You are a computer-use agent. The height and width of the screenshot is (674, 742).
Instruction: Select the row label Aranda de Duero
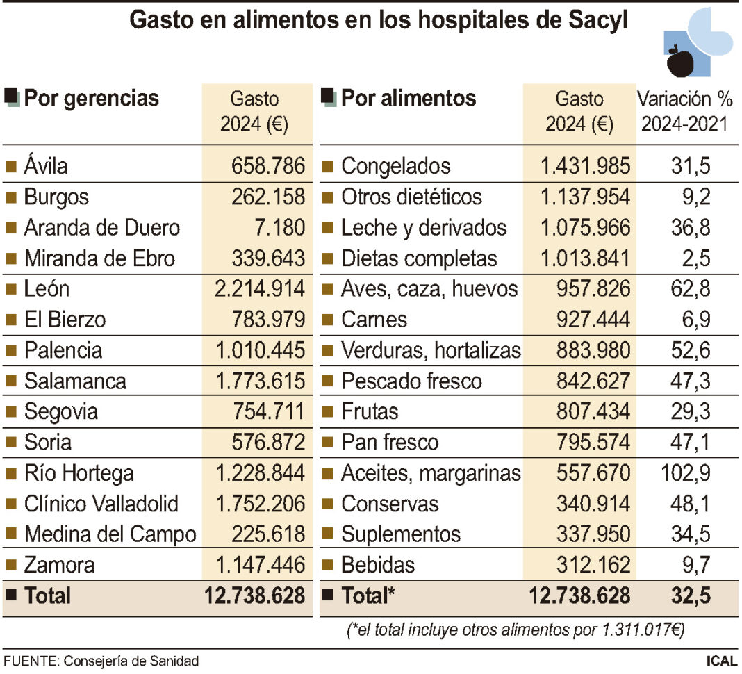tap(101, 228)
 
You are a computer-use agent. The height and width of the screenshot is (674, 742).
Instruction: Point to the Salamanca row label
tap(75, 381)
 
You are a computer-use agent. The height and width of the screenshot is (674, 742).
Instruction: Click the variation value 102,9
tap(684, 473)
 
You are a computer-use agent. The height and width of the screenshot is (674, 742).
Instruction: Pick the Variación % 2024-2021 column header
tap(685, 111)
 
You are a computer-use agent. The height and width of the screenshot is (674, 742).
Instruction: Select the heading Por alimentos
tap(409, 98)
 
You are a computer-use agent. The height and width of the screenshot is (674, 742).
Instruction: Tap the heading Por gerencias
tap(91, 98)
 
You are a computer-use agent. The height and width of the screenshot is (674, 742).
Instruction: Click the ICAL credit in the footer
tap(722, 661)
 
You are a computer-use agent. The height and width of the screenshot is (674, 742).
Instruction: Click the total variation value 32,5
tap(691, 595)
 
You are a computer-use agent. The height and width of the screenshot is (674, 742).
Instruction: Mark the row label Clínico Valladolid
tap(101, 504)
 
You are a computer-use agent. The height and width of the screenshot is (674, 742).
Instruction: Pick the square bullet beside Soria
tap(10, 443)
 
